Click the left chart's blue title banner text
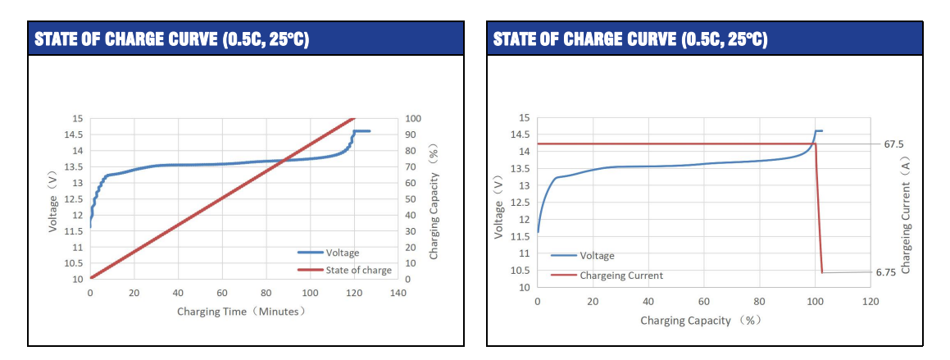(171, 39)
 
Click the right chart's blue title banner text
(630, 39)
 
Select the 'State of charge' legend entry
(358, 270)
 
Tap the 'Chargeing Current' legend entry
(621, 276)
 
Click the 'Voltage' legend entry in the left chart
(342, 253)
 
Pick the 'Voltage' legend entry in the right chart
(597, 256)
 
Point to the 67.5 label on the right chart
(893, 144)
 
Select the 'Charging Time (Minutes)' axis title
(242, 312)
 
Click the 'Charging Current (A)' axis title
(906, 216)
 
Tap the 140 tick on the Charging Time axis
(398, 293)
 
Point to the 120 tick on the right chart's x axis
(870, 302)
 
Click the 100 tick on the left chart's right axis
(412, 119)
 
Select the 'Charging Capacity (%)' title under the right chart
(701, 320)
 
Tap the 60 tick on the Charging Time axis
(222, 293)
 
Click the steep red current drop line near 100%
(819, 209)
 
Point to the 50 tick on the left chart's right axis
(410, 199)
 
